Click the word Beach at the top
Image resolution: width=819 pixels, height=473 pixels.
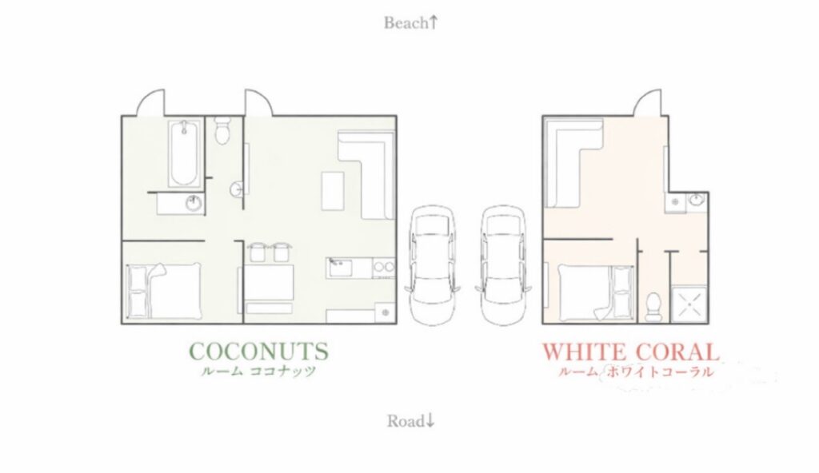pyautogui.click(x=406, y=23)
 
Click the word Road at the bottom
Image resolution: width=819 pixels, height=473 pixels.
pyautogui.click(x=406, y=421)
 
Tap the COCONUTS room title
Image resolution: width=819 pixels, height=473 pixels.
pyautogui.click(x=259, y=351)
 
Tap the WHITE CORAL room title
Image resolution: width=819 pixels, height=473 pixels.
pyautogui.click(x=630, y=352)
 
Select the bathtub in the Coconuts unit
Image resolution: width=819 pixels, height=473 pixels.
pyautogui.click(x=184, y=153)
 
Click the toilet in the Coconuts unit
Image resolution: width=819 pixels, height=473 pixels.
pyautogui.click(x=223, y=130)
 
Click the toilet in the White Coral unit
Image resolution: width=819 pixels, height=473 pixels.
pyautogui.click(x=653, y=307)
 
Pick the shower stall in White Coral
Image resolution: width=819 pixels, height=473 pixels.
pyautogui.click(x=689, y=304)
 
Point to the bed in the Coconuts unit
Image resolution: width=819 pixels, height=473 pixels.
pyautogui.click(x=164, y=291)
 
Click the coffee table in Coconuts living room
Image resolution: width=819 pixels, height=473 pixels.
pyautogui.click(x=333, y=190)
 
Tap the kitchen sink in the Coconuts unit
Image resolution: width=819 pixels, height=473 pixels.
pyautogui.click(x=339, y=268)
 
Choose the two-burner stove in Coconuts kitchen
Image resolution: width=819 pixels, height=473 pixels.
pyautogui.click(x=383, y=268)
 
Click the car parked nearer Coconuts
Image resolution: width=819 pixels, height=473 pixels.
pyautogui.click(x=433, y=265)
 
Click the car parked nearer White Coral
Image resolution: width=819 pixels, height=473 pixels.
pyautogui.click(x=504, y=265)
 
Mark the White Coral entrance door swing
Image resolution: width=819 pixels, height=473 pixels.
pyautogui.click(x=648, y=103)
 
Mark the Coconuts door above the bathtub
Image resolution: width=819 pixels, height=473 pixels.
pyautogui.click(x=150, y=103)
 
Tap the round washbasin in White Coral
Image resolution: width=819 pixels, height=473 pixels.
pyautogui.click(x=696, y=200)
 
